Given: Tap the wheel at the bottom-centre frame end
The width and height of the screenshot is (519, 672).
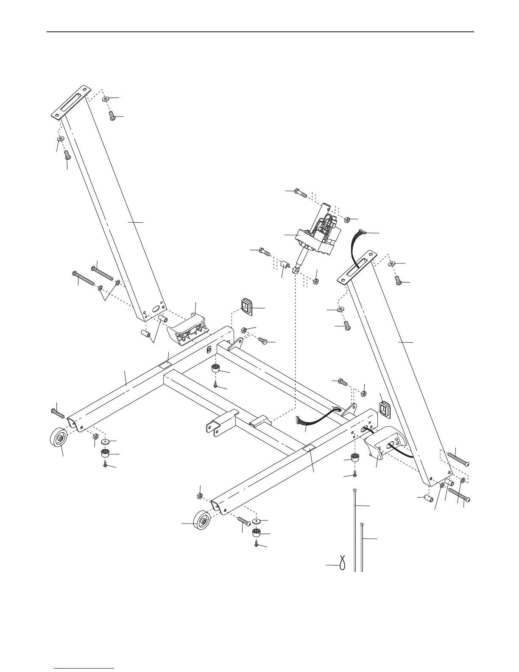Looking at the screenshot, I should [x=202, y=521].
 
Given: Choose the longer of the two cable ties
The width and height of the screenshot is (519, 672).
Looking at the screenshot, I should [x=354, y=530].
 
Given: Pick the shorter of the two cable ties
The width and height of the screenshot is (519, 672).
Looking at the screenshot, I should [x=362, y=547].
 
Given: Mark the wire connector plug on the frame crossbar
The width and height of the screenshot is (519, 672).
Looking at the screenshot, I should [x=301, y=420].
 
